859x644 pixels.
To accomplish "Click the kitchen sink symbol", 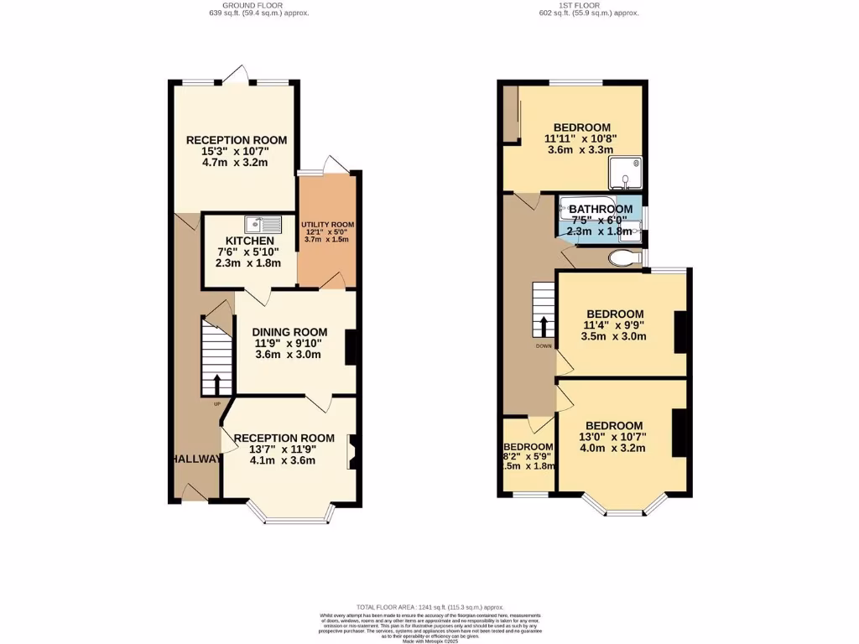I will point(263,224).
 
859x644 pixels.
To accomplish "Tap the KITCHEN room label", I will point(243,241).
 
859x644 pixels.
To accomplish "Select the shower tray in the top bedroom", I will point(627,173).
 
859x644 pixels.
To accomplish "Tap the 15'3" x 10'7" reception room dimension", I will point(236,152).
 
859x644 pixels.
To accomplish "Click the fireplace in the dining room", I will point(351,346).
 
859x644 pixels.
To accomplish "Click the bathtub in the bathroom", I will point(587,210).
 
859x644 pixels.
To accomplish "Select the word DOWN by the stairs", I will point(543,345).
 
